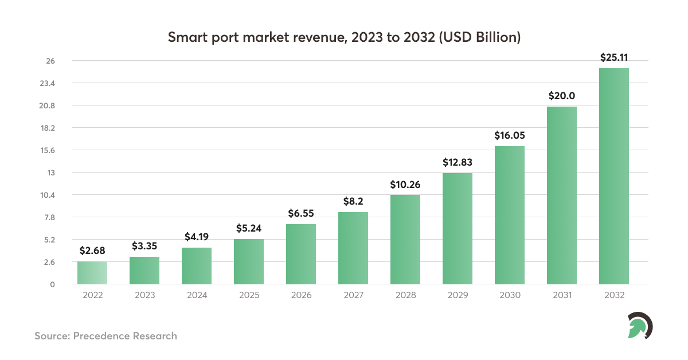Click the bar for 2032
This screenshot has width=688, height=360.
[x=613, y=177]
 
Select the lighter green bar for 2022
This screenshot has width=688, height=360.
[x=92, y=273]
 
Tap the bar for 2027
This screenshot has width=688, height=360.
[x=353, y=248]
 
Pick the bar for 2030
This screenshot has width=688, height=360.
[x=510, y=216]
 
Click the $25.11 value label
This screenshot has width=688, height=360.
[x=614, y=57]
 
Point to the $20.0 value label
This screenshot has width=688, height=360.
[x=562, y=96]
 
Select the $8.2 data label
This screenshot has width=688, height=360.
[x=353, y=201]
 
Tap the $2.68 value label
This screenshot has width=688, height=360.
[x=92, y=251]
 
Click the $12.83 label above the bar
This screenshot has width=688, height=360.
[x=458, y=162]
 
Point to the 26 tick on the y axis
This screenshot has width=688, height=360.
[x=50, y=61]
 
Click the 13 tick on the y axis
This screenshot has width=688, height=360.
[x=50, y=173]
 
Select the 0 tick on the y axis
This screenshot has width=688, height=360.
[x=52, y=284]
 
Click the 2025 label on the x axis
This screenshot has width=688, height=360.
[x=249, y=295]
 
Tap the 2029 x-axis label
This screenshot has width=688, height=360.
[x=458, y=295]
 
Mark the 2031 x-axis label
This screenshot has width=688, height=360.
[x=562, y=295]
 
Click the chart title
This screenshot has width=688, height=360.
[x=344, y=38]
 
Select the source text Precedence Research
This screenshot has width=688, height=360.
[x=125, y=336]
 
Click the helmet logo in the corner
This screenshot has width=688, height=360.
[x=639, y=326]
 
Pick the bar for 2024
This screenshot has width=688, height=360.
[x=197, y=266]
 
